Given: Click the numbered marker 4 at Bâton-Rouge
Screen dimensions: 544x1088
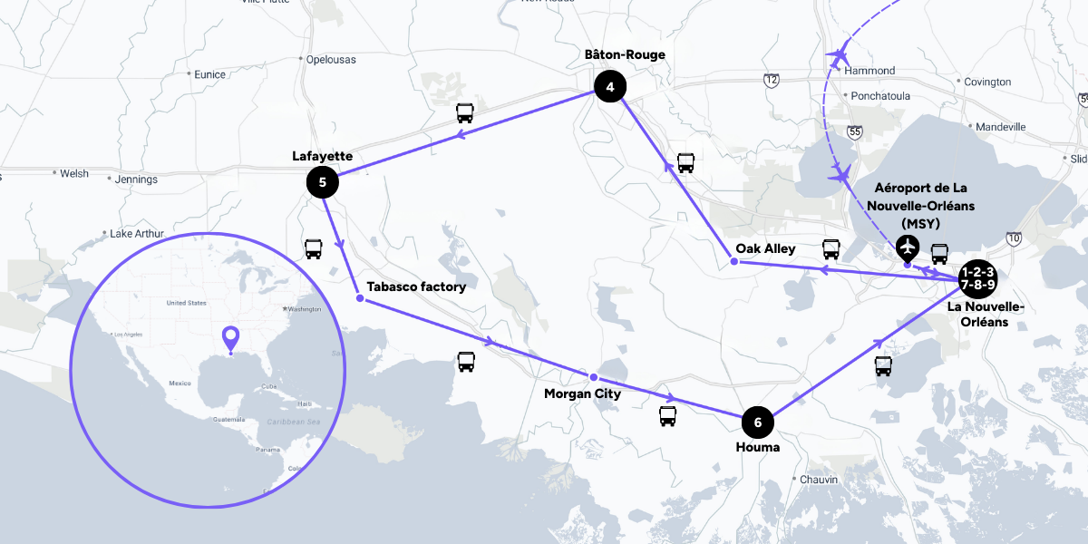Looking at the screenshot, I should [x=610, y=87].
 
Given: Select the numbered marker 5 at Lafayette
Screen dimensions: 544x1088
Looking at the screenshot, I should [x=322, y=182].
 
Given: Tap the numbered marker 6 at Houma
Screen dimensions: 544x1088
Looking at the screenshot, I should [x=758, y=422].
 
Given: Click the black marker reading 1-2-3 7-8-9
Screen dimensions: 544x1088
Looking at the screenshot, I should [x=978, y=278].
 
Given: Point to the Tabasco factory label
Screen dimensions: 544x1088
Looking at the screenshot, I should [x=416, y=287].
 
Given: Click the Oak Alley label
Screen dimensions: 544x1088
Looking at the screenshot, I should [x=766, y=248].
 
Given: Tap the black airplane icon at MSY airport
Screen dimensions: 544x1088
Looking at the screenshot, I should [x=907, y=246].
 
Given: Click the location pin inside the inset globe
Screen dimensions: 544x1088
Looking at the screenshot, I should [x=231, y=339].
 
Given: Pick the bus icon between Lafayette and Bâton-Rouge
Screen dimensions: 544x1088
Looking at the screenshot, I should [x=464, y=113].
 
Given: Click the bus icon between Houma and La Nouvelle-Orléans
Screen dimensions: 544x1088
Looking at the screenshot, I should [x=883, y=366].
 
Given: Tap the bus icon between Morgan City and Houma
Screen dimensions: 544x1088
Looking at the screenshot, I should [x=667, y=416].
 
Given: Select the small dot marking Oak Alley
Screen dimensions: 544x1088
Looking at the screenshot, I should [x=733, y=262].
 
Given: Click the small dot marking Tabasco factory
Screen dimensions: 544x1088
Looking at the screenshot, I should [x=360, y=298].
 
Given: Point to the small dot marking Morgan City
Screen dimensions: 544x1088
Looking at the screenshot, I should [x=594, y=377].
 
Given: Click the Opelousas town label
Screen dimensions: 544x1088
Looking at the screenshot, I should [x=331, y=60].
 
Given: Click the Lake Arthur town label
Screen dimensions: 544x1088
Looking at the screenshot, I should [x=136, y=234].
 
